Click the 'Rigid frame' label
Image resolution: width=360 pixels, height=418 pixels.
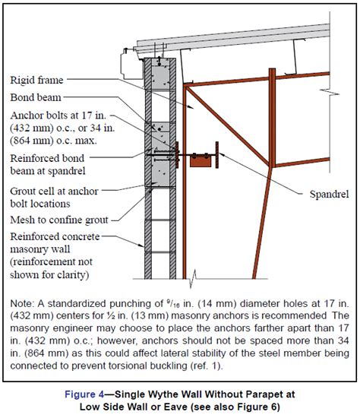[36, 80]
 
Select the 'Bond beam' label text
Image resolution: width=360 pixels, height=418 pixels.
[36, 97]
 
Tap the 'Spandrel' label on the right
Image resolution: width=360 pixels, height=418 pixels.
[329, 195]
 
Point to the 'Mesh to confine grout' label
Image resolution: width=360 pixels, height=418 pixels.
[59, 220]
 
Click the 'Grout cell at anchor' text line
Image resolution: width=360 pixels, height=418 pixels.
[54, 191]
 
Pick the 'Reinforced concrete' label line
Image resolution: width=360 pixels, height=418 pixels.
[55, 236]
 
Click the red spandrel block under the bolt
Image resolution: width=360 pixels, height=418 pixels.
[201, 162]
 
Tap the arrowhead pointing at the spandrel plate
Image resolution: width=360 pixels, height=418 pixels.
[221, 154]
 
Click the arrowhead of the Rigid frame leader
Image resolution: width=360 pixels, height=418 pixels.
[191, 107]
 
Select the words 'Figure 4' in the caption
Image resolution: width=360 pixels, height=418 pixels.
[84, 394]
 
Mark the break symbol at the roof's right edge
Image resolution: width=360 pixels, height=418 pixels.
[330, 93]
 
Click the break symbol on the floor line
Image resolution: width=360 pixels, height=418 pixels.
[193, 279]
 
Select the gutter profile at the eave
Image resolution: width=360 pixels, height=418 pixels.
[132, 63]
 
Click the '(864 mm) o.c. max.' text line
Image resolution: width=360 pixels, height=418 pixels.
[53, 141]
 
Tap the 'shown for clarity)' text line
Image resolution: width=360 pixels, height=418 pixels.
[49, 274]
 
